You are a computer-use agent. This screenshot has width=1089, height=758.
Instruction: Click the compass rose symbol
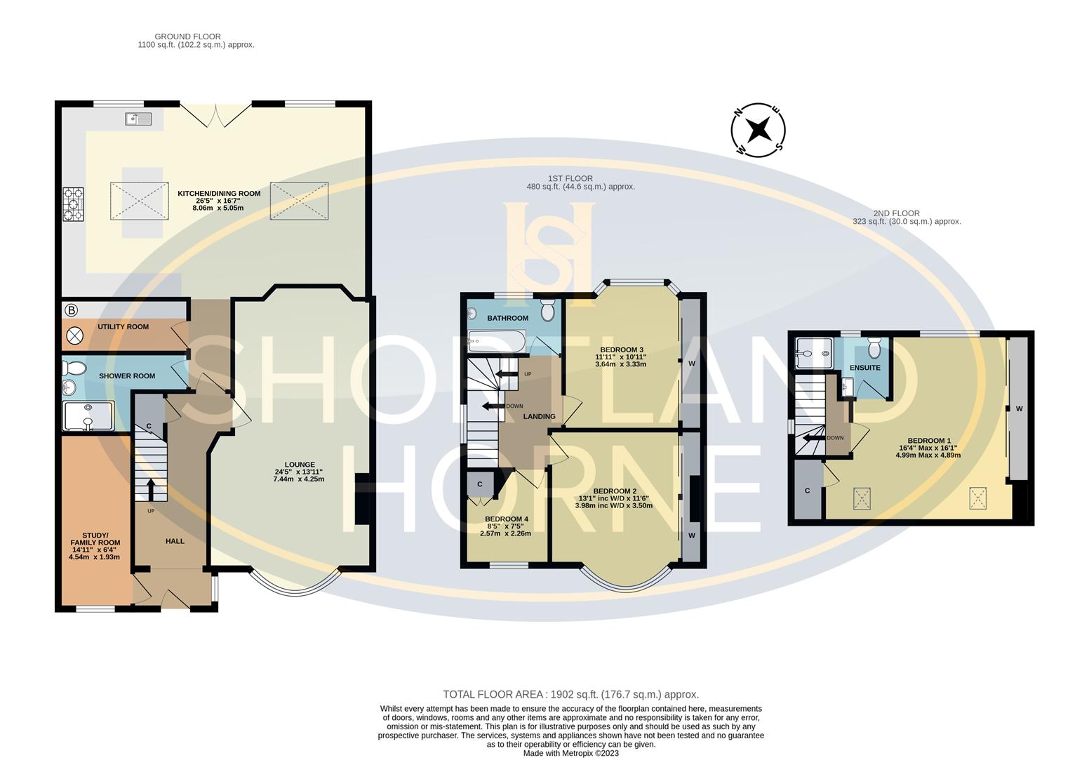[758, 130]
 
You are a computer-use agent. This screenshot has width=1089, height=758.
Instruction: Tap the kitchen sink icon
[138, 119]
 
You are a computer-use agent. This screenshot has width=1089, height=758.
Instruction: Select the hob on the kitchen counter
[73, 204]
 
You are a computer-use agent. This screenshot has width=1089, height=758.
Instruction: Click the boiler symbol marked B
[71, 310]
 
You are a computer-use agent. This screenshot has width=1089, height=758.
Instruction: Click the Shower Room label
[127, 376]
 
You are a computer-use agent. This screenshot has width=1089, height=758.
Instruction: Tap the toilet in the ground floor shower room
[74, 368]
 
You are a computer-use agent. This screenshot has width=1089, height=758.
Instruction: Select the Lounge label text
[300, 465]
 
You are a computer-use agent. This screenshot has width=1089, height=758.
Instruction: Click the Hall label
[175, 541]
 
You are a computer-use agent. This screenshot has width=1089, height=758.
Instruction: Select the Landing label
[539, 417]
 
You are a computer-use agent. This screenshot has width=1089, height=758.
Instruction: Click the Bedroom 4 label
[506, 519]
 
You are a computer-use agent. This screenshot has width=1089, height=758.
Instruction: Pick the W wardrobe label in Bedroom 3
[691, 364]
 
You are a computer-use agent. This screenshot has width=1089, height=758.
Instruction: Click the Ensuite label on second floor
[864, 368]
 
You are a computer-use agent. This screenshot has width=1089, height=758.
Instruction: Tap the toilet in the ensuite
[874, 347]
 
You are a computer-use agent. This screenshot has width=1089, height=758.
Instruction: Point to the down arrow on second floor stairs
[814, 438]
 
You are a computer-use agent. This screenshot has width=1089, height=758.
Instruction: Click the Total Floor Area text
[570, 694]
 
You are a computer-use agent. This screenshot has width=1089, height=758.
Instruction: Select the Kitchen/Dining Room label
[219, 194]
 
